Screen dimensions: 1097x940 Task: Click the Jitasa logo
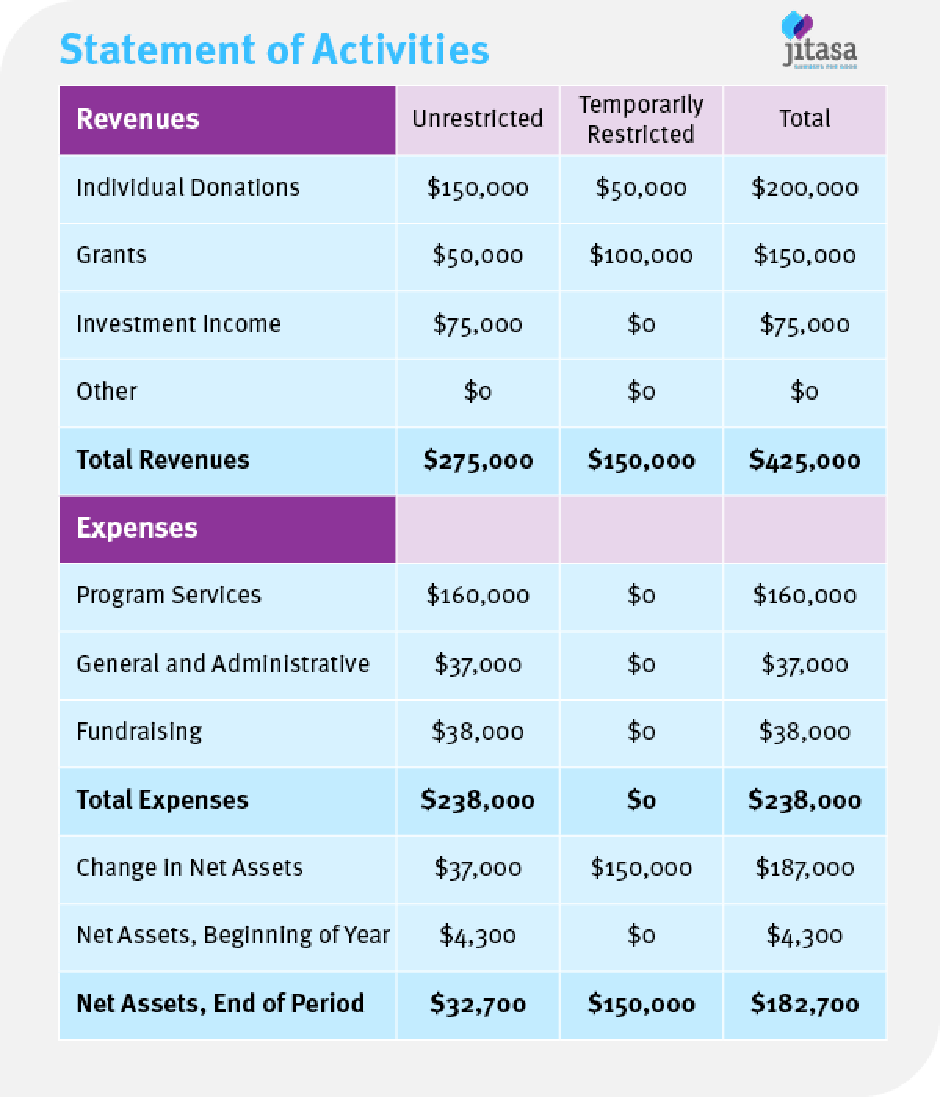click(x=819, y=43)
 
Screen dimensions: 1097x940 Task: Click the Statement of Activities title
click(x=274, y=49)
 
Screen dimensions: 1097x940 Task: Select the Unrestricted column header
click(x=478, y=118)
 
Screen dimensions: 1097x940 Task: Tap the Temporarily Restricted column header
click(x=641, y=119)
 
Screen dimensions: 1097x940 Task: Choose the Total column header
click(x=804, y=118)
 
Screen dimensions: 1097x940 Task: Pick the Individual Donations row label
click(x=188, y=188)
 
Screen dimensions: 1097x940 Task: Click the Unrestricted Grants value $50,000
click(x=478, y=255)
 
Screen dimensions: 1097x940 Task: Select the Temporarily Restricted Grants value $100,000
click(x=641, y=255)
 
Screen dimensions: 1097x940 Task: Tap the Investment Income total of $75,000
click(x=804, y=324)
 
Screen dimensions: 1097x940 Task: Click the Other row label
click(x=107, y=391)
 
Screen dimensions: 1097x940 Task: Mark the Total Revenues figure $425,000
click(x=804, y=460)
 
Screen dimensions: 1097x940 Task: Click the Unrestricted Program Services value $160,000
click(x=478, y=596)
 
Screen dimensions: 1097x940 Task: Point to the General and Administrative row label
click(x=222, y=664)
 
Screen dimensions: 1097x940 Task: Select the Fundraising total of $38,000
click(x=804, y=732)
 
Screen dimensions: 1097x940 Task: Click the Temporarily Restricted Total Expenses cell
click(x=641, y=800)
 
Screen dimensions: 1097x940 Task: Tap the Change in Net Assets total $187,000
click(x=804, y=868)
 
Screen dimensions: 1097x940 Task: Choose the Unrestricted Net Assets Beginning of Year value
click(x=478, y=936)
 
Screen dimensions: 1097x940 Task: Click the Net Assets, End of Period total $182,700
click(x=804, y=1004)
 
